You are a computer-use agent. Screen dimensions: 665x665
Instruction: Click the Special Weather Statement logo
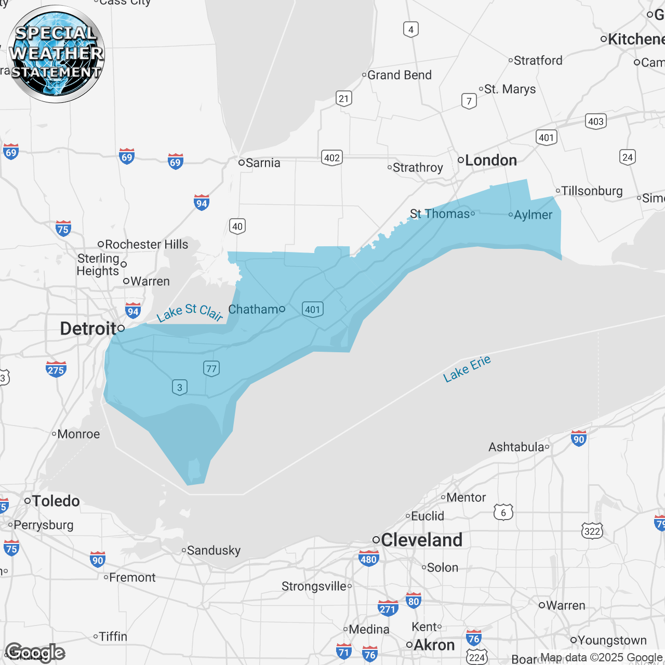pyautogui.click(x=56, y=54)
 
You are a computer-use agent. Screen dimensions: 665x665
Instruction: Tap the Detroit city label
pyautogui.click(x=88, y=328)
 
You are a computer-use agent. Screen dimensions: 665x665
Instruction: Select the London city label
pyautogui.click(x=490, y=160)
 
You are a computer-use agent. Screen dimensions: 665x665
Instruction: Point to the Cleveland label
pyautogui.click(x=421, y=540)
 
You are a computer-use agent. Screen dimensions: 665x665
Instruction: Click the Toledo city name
pyautogui.click(x=56, y=501)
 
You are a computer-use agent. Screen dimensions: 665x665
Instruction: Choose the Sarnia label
pyautogui.click(x=262, y=163)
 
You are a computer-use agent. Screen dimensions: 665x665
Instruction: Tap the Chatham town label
pyautogui.click(x=254, y=309)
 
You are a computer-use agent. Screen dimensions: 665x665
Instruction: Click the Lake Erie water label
pyautogui.click(x=467, y=369)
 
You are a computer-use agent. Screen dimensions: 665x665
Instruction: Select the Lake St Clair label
pyautogui.click(x=190, y=312)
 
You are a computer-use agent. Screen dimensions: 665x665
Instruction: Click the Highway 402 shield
pyautogui.click(x=332, y=157)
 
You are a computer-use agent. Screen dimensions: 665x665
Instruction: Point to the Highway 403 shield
pyautogui.click(x=596, y=121)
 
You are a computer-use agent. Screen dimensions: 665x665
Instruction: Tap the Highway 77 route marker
pyautogui.click(x=211, y=368)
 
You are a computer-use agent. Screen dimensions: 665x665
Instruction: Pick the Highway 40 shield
pyautogui.click(x=237, y=226)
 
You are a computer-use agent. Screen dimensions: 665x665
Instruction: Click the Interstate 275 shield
pyautogui.click(x=56, y=369)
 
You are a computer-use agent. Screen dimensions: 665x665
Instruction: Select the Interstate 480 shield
pyautogui.click(x=368, y=559)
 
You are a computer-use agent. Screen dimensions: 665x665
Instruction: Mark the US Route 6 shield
pyautogui.click(x=503, y=513)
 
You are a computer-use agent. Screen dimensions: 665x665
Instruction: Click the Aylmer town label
pyautogui.click(x=533, y=215)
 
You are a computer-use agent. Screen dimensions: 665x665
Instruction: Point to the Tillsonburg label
pyautogui.click(x=592, y=191)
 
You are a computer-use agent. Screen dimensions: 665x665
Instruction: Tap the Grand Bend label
pyautogui.click(x=399, y=75)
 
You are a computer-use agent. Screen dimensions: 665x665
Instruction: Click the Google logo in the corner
pyautogui.click(x=35, y=653)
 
